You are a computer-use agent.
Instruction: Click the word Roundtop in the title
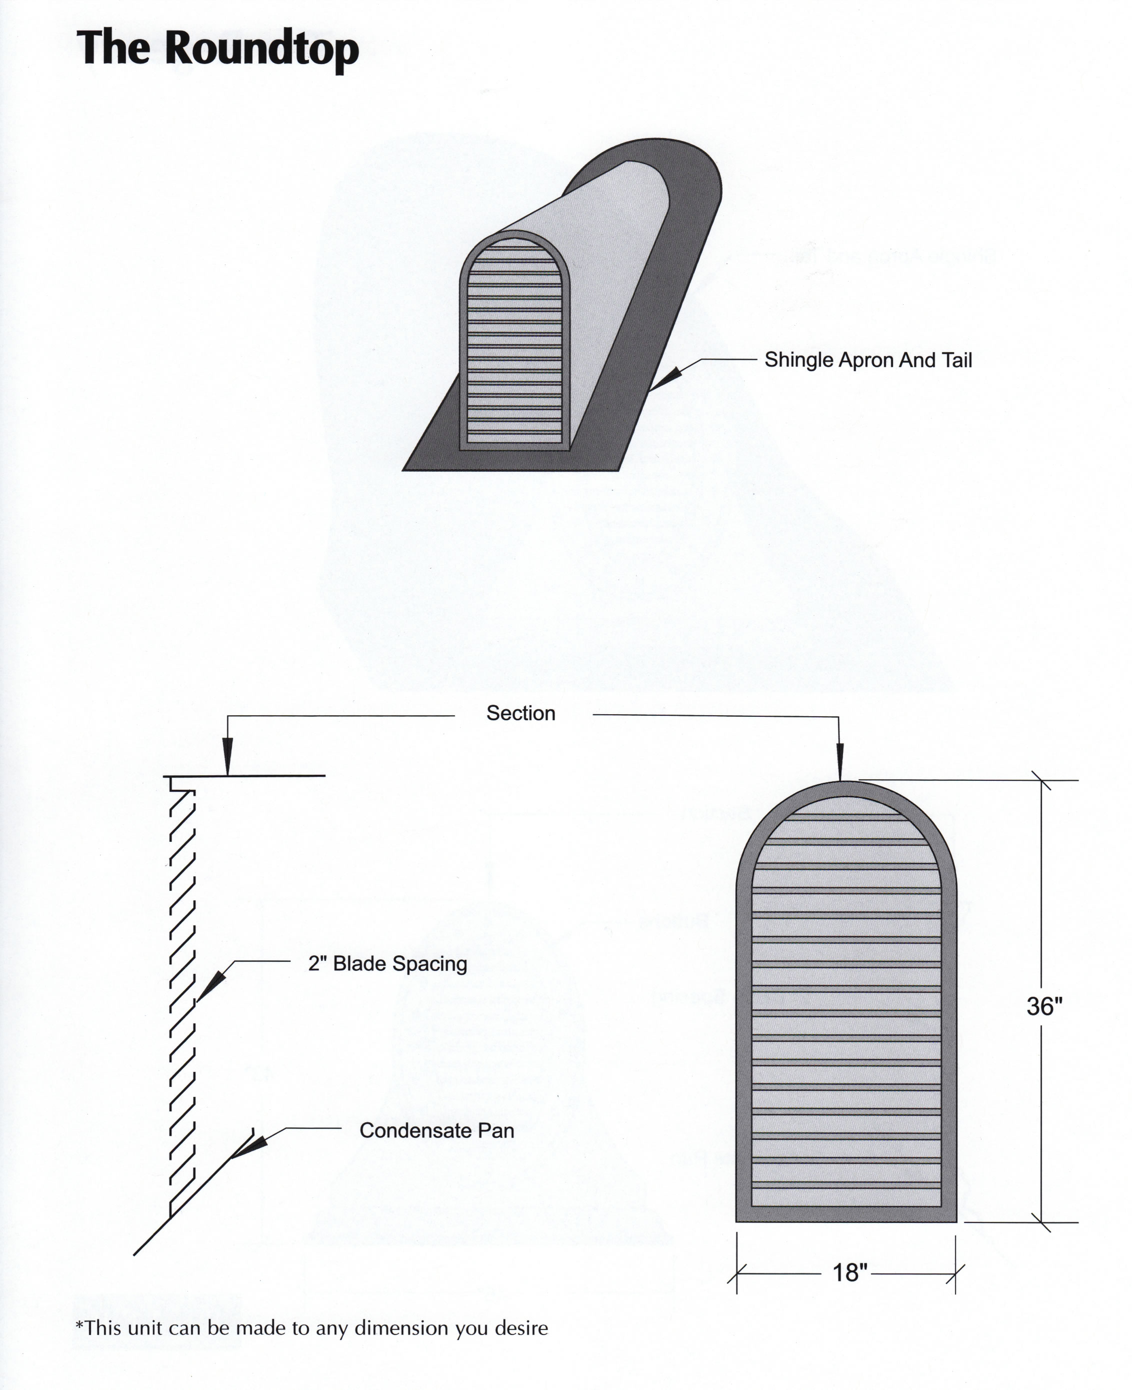pyautogui.click(x=261, y=50)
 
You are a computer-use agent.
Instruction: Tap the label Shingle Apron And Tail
pyautogui.click(x=868, y=360)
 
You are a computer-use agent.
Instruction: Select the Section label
pyautogui.click(x=520, y=713)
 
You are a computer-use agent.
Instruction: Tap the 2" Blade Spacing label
pyautogui.click(x=387, y=963)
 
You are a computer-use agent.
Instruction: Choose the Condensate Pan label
pyautogui.click(x=436, y=1130)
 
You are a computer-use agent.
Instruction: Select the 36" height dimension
pyautogui.click(x=1044, y=1006)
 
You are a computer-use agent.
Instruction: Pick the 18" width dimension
pyautogui.click(x=850, y=1272)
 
